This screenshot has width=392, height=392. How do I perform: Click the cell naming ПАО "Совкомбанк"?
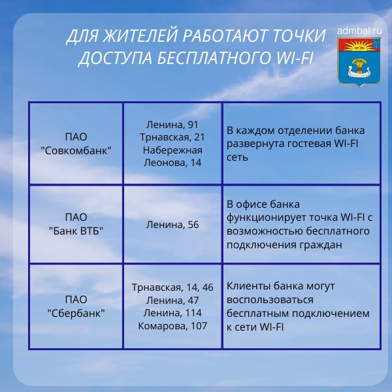76,144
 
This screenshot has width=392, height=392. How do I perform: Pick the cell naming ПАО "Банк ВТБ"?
76,224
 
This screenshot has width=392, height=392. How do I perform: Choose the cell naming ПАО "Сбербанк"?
76,306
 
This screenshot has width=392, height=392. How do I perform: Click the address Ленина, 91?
172,124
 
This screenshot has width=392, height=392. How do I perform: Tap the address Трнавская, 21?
172,137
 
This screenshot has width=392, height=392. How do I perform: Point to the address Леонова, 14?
172,163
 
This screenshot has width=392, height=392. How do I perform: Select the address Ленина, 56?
172,225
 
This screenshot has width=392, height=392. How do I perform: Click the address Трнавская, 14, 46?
172,287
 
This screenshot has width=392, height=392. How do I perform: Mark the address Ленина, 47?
172,300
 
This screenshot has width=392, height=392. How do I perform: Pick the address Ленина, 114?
172,312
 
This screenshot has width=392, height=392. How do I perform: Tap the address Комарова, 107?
172,325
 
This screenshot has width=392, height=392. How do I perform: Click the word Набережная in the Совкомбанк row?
172,150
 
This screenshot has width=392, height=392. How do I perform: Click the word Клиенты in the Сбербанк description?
246,287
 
